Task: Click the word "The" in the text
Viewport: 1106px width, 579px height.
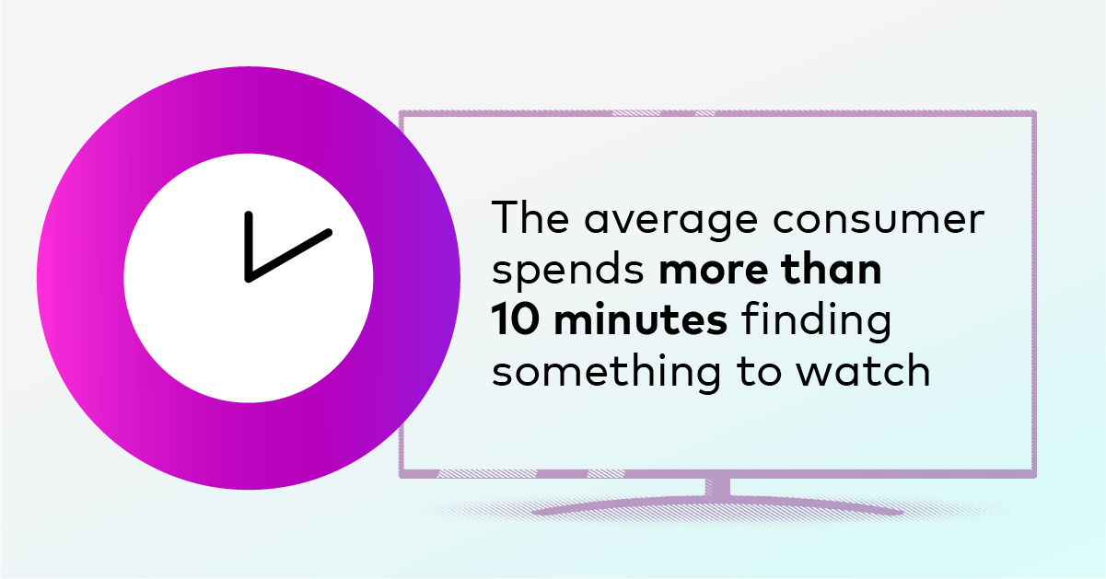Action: [x=530, y=217]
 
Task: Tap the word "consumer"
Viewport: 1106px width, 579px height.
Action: [x=879, y=220]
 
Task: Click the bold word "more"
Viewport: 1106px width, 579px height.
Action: [x=714, y=271]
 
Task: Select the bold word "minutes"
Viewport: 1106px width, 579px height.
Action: [x=640, y=318]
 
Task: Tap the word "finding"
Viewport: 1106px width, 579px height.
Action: [x=816, y=321]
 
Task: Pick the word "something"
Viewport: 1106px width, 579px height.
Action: [x=606, y=373]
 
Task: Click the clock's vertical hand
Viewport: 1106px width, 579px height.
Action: [x=249, y=246]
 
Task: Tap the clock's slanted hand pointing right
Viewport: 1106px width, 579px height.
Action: [x=289, y=256]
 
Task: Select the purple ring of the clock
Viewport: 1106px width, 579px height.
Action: [x=80, y=278]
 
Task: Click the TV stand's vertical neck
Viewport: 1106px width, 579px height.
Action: [x=717, y=487]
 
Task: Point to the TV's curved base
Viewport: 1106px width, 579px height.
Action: [x=718, y=505]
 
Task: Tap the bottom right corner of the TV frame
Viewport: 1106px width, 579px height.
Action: [x=1034, y=475]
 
